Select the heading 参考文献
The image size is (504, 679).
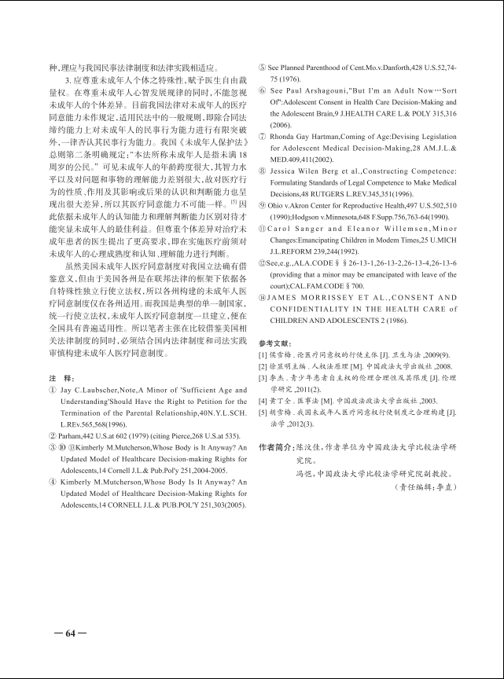tap(274, 343)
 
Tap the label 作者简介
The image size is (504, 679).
tap(278, 446)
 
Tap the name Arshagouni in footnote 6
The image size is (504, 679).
tap(336, 93)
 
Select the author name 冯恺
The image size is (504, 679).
tap(304, 474)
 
